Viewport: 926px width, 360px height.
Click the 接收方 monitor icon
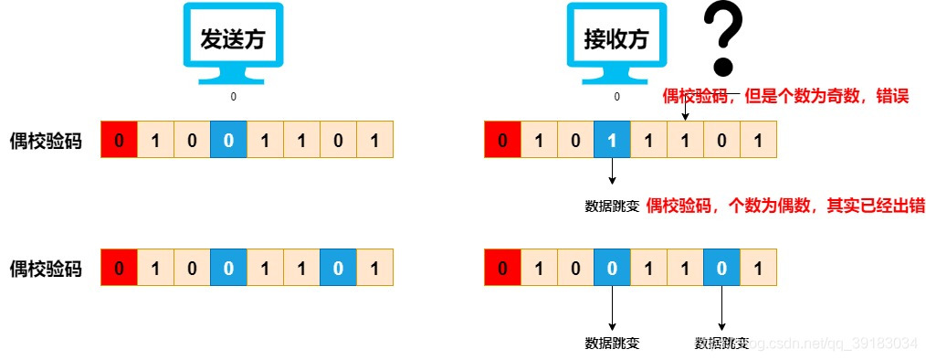tap(615, 40)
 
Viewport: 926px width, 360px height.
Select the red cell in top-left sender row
tap(119, 141)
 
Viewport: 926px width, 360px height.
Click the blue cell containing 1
tap(612, 141)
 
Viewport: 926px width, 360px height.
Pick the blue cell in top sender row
tap(228, 141)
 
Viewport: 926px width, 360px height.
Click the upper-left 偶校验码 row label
tap(45, 141)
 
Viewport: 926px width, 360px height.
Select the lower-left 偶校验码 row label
tap(45, 269)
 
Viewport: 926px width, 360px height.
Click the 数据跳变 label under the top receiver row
tap(612, 206)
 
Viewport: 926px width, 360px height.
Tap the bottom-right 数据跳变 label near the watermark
tap(721, 344)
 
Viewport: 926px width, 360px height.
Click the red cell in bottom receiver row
tap(502, 269)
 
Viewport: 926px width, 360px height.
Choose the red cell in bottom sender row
tap(119, 269)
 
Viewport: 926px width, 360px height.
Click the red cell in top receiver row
tap(502, 141)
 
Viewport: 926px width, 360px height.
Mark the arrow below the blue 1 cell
tap(612, 172)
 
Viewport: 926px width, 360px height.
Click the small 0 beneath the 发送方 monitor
tap(233, 95)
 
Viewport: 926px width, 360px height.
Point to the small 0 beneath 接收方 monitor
tap(616, 96)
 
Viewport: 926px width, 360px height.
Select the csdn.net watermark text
tap(831, 344)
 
